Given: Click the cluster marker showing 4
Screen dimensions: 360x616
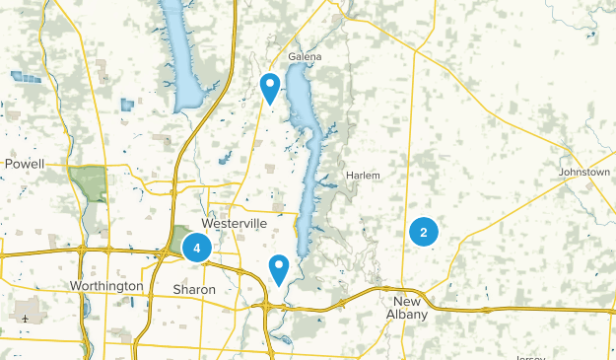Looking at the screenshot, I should pos(197,249).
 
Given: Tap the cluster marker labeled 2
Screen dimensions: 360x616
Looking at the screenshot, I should pos(423,233).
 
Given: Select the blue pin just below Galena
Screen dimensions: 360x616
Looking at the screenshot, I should pos(269,88).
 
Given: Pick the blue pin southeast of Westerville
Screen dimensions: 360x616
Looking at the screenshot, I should pos(279,268).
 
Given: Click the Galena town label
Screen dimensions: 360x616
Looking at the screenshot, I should pos(305,57).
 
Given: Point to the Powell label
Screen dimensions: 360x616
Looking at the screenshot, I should pos(25,163).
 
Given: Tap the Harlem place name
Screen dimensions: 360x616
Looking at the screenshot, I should pos(363,176).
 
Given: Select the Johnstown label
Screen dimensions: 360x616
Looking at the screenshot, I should pos(584,172).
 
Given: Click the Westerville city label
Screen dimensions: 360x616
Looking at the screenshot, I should pos(235,224).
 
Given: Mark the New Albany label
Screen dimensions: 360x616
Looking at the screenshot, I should pos(409,307).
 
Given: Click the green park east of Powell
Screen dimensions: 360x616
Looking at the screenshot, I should pos(88,182).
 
